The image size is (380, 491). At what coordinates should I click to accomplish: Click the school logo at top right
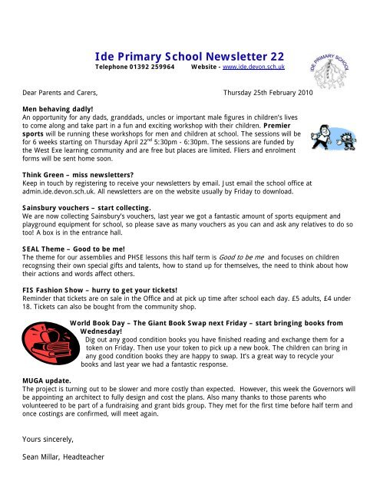pyautogui.click(x=331, y=58)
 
